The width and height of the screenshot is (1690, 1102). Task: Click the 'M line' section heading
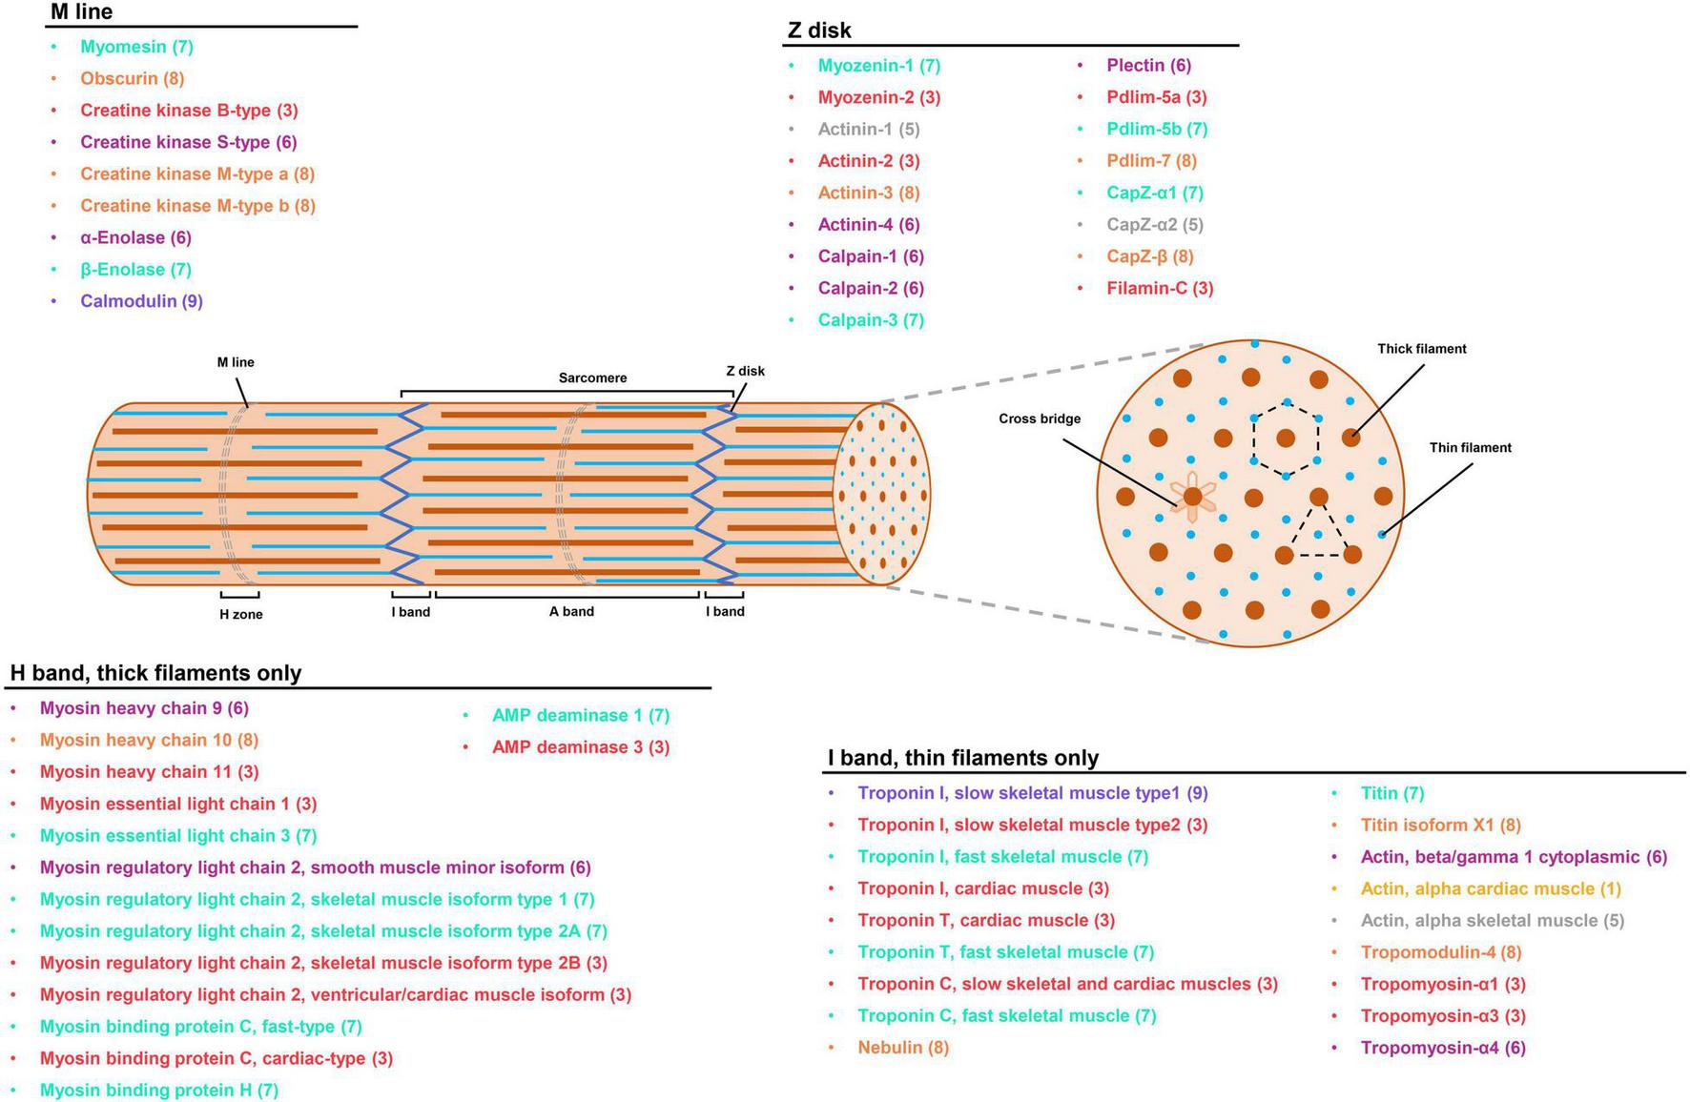[82, 12]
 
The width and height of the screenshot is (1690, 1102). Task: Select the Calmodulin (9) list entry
[141, 301]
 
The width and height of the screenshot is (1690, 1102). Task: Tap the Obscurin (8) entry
[132, 78]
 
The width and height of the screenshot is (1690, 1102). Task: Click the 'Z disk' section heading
[819, 31]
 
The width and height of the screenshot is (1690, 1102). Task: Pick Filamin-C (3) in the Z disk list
[1160, 288]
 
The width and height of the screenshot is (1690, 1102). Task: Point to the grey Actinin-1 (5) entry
[868, 129]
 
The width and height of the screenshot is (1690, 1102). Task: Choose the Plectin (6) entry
[1148, 65]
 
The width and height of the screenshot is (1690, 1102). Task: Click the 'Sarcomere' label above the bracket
[592, 378]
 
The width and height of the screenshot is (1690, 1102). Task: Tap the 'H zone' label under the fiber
[240, 615]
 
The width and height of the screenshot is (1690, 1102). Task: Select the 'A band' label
[571, 612]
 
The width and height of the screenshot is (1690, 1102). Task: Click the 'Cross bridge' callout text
[1040, 418]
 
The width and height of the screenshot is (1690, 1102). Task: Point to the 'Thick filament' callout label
[1421, 349]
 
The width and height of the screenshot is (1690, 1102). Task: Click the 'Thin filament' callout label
[1470, 448]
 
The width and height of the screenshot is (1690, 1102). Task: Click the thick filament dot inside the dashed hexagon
[1286, 438]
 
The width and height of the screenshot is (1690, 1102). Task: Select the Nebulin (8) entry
[902, 1048]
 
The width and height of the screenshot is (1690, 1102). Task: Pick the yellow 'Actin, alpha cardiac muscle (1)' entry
[1490, 888]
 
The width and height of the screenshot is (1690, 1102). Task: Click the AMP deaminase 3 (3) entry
[580, 747]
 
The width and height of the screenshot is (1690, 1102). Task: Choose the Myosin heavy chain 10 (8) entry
[149, 740]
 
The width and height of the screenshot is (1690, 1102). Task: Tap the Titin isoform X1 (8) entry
[1440, 825]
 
